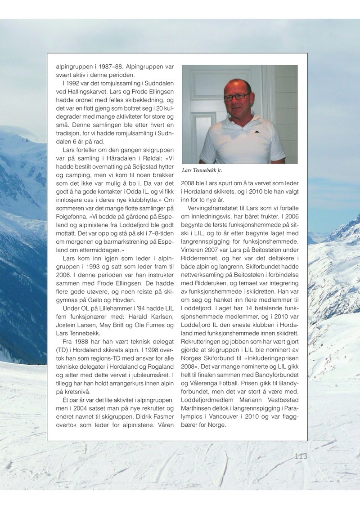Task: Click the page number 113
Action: (x=301, y=456)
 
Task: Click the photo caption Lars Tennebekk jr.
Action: (x=202, y=170)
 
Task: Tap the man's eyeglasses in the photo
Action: (x=236, y=97)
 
